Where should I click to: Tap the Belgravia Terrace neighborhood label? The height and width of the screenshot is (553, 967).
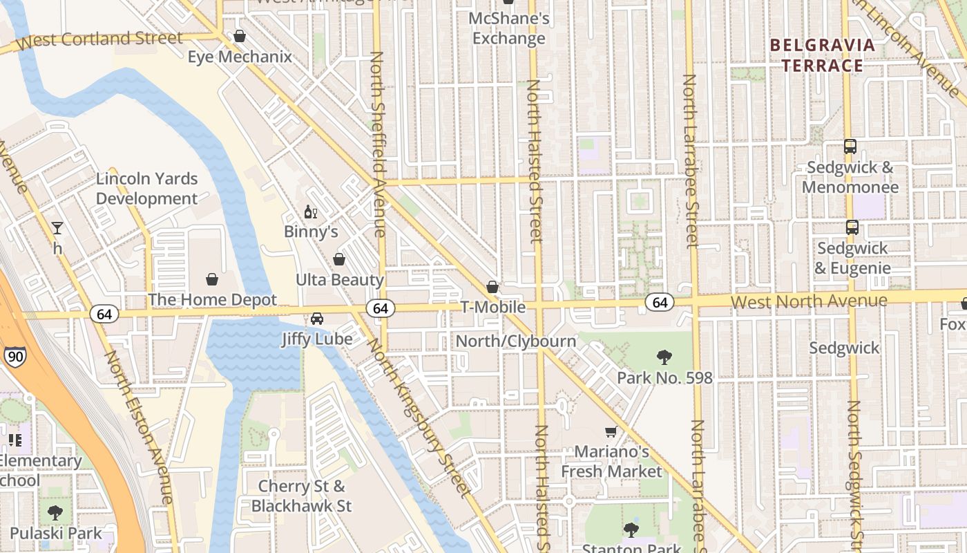821,55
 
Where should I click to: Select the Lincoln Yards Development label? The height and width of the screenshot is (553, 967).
146,189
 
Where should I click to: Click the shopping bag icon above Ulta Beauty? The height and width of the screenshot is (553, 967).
339,259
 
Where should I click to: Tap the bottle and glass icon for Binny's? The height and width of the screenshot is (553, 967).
311,212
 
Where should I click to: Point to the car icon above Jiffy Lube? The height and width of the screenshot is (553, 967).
317,319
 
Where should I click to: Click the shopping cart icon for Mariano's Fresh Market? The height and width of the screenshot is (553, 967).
611,432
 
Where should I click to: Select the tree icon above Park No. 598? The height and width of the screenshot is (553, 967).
664,357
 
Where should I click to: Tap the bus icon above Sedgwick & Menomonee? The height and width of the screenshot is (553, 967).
850,147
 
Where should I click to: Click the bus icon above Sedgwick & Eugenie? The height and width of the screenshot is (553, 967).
852,227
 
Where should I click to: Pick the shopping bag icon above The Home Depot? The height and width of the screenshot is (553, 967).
212,279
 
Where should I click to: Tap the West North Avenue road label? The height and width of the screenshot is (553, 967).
808,301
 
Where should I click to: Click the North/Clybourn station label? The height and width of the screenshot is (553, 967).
515,341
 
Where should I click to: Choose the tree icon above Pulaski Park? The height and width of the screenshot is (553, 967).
55,513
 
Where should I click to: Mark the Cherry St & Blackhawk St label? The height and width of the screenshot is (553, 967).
301,496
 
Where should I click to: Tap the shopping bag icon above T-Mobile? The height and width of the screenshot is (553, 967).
492,286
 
